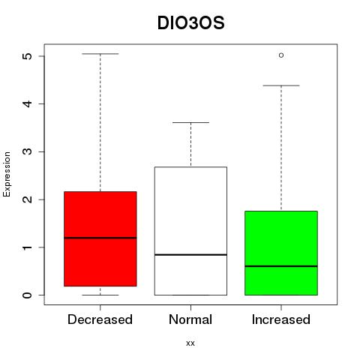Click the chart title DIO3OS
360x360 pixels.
point(190,23)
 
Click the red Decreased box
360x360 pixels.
point(100,238)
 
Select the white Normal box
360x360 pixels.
point(190,231)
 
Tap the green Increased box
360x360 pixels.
point(281,253)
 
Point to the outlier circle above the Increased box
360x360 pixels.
point(281,55)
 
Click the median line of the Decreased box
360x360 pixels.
point(100,238)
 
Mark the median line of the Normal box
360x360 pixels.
point(190,254)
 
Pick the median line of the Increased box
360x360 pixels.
point(281,266)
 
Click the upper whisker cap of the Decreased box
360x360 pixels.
point(100,54)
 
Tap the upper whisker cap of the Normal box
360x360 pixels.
point(190,122)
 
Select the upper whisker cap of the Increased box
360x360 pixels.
point(281,85)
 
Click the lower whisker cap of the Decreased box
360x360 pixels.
point(100,295)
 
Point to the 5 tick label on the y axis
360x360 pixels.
point(28,55)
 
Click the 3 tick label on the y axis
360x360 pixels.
point(28,151)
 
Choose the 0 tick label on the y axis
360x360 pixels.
point(28,295)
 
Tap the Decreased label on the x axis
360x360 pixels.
point(100,319)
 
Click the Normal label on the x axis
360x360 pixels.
point(190,319)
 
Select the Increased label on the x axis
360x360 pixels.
point(281,319)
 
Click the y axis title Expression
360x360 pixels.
point(7,174)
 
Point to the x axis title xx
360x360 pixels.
point(190,343)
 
